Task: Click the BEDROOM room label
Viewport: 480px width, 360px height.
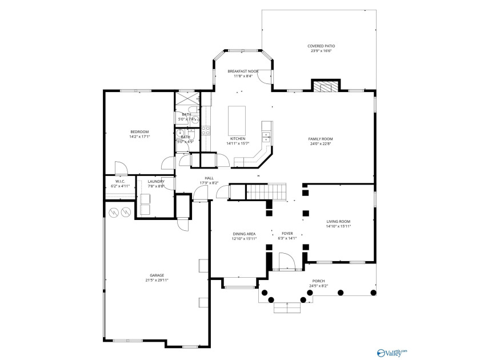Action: click(139, 132)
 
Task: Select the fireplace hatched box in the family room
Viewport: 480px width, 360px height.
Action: click(326, 86)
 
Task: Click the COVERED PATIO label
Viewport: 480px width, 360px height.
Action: click(321, 46)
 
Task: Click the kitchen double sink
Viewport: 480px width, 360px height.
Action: click(266, 136)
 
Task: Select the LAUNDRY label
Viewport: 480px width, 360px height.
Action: click(156, 182)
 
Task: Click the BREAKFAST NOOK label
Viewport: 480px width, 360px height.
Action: click(243, 71)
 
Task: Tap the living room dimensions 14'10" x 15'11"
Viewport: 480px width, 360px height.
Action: click(338, 226)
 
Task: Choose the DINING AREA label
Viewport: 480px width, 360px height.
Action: click(244, 234)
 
